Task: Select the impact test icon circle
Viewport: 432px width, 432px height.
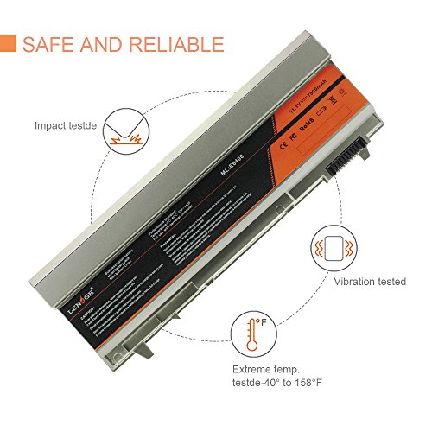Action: (128, 135)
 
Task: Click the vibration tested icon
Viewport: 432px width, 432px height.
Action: (332, 246)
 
